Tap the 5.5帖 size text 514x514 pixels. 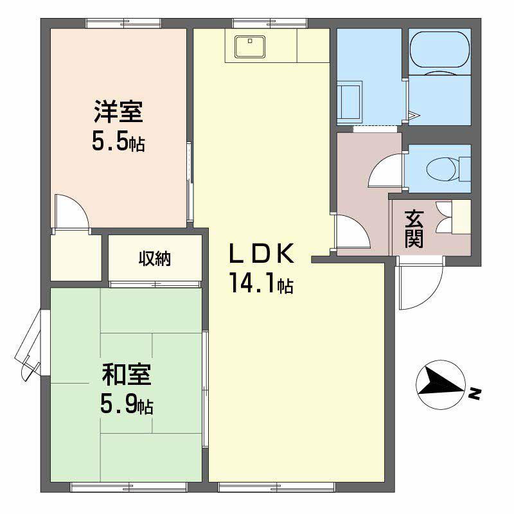coord(118,141)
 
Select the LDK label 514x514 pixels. coord(262,254)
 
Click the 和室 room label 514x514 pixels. coord(127,375)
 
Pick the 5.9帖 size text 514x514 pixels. coord(127,404)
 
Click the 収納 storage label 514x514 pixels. coord(155,259)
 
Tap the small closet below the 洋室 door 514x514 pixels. coord(76,257)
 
